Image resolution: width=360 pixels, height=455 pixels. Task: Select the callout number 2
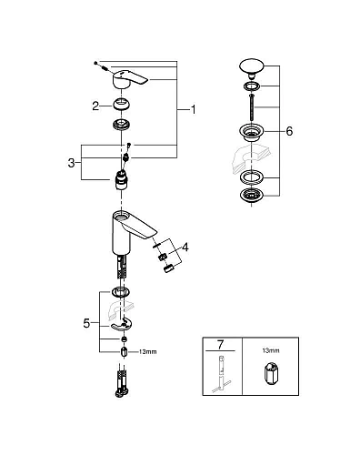point(95,106)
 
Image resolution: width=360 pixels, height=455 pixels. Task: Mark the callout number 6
point(288,131)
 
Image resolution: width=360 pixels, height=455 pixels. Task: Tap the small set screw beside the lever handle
point(105,63)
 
